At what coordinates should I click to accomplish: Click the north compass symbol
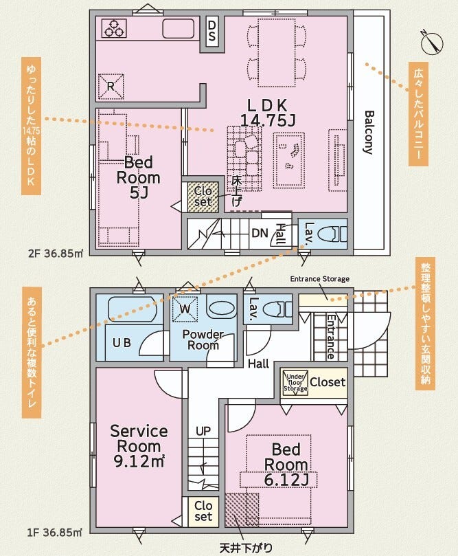tap(433, 43)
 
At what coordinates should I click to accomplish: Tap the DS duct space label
tap(211, 30)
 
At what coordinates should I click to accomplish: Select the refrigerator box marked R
tap(111, 86)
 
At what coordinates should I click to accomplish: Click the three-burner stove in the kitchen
tap(114, 28)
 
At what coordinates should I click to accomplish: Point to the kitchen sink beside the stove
tap(178, 28)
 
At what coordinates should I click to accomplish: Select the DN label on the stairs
tap(260, 233)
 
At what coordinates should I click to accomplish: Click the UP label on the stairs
tap(203, 431)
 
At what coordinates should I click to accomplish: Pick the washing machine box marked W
tap(185, 309)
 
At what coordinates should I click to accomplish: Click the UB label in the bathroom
tap(122, 342)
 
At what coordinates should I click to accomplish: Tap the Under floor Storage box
tap(295, 383)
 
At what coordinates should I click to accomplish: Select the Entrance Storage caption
tap(320, 279)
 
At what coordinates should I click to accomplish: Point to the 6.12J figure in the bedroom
tap(286, 480)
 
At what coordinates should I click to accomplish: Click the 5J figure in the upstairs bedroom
tap(139, 192)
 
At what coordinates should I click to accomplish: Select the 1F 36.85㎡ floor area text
tap(55, 532)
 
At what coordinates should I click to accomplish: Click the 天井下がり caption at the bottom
tap(247, 548)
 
